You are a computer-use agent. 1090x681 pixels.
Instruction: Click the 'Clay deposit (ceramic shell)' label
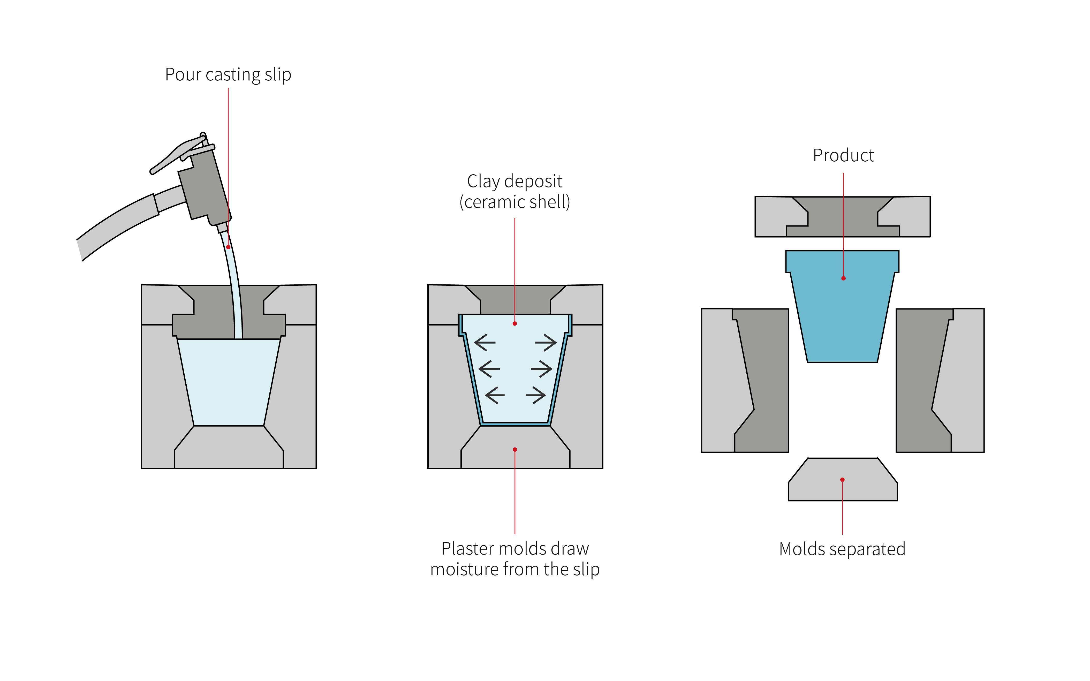[515, 191]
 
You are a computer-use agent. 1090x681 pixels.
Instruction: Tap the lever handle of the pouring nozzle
[176, 155]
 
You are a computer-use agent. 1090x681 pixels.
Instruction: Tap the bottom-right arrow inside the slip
[536, 395]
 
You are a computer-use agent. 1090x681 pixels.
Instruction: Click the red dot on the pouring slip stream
[228, 247]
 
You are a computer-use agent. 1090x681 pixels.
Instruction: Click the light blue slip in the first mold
[228, 383]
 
